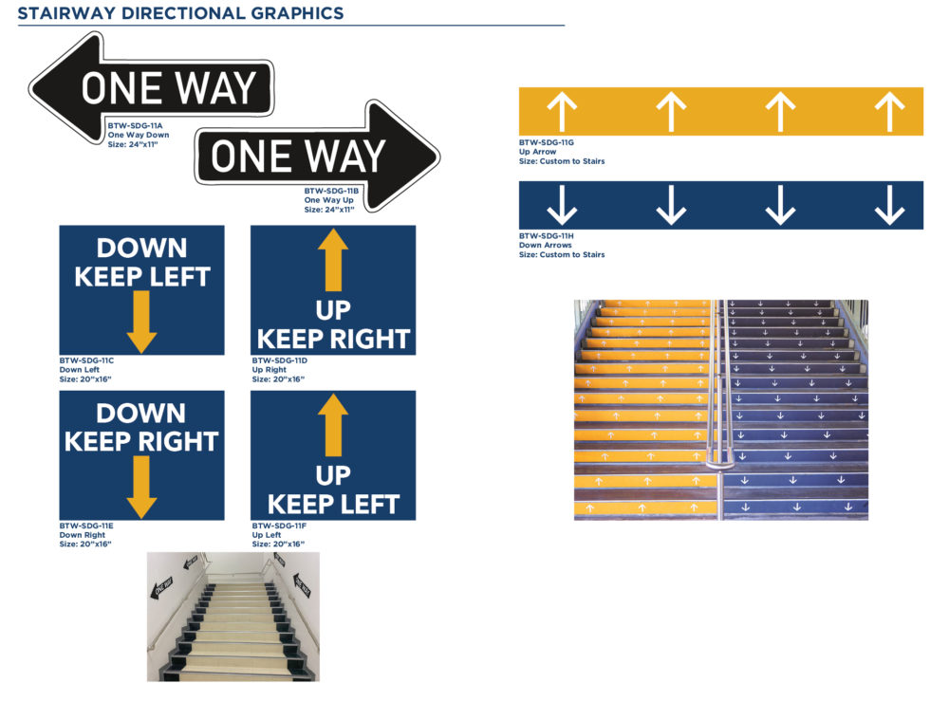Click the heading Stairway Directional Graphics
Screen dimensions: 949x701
[x=180, y=13]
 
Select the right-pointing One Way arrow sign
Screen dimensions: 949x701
[x=317, y=157]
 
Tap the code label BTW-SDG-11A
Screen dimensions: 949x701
[x=135, y=126]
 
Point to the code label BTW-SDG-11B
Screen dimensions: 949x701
[x=331, y=191]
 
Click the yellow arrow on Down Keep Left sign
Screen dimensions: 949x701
[x=141, y=322]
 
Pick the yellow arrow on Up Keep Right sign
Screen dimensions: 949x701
[x=333, y=260]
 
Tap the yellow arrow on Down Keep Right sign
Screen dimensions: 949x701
[x=141, y=487]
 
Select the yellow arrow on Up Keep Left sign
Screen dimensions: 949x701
[x=333, y=425]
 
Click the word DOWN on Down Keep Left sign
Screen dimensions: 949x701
[x=141, y=248]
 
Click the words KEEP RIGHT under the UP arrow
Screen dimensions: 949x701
[x=333, y=340]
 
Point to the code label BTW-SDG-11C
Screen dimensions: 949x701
[x=86, y=360]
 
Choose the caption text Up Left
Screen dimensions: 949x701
[x=267, y=535]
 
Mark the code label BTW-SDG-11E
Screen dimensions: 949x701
[x=86, y=526]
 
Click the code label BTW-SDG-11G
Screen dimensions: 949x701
[x=547, y=142]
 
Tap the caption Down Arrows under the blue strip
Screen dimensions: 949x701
[x=546, y=245]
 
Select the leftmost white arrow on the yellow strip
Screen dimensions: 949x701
[x=562, y=111]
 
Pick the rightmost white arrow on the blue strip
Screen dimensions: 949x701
[x=890, y=205]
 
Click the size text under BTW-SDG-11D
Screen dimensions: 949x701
[x=278, y=379]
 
